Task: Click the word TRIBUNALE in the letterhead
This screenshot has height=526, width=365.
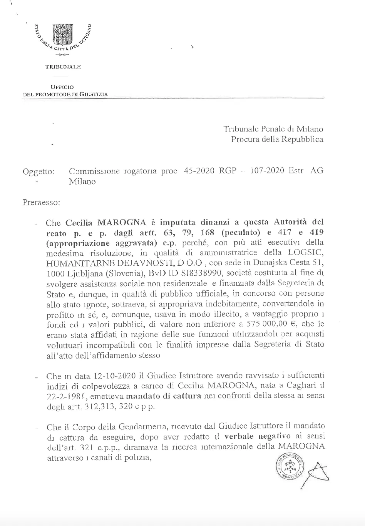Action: pos(63,67)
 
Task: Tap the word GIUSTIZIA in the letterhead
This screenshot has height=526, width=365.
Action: pos(94,94)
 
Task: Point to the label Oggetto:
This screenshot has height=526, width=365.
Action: pos(39,171)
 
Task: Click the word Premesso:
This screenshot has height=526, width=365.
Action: pos(41,201)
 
